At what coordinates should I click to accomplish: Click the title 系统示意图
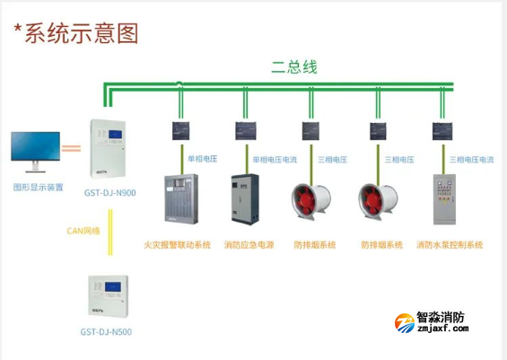pos(75,33)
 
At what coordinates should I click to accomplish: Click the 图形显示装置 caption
pos(38,188)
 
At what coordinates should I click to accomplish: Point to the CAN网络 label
pos(83,230)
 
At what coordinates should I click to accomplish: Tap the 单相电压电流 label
pos(275,160)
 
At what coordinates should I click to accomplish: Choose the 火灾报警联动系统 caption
pos(178,244)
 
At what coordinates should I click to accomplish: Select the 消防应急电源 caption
pos(247,244)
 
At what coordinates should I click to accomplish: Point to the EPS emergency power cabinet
pos(244,198)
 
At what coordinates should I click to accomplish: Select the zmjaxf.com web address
pos(443,330)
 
